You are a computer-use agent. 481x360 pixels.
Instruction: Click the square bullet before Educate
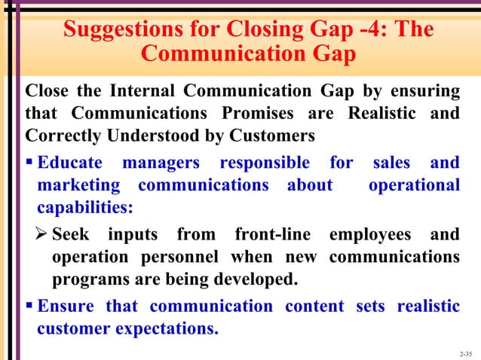click(30, 163)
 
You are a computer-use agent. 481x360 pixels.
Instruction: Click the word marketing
click(78, 185)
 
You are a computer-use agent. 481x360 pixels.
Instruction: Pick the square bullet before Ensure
click(30, 306)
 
